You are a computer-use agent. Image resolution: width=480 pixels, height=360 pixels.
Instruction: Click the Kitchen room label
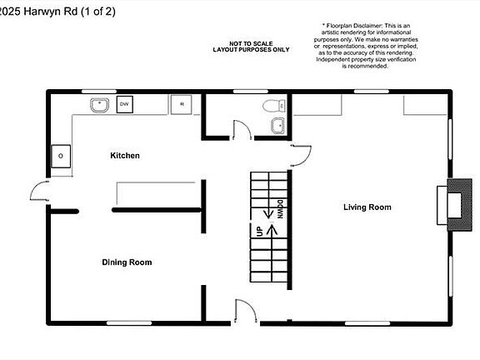[125, 156]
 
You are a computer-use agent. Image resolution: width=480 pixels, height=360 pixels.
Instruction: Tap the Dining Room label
[127, 262]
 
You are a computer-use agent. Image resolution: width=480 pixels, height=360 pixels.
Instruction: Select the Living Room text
[367, 207]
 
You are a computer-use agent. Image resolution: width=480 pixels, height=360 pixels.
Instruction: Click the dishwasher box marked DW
[124, 104]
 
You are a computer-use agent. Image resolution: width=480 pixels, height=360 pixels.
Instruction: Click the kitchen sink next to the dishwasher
[98, 105]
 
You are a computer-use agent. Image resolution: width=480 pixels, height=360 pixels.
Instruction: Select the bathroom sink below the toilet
[278, 126]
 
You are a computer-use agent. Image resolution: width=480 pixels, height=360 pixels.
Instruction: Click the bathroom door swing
[241, 128]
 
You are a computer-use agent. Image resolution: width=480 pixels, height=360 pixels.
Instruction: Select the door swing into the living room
[300, 152]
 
